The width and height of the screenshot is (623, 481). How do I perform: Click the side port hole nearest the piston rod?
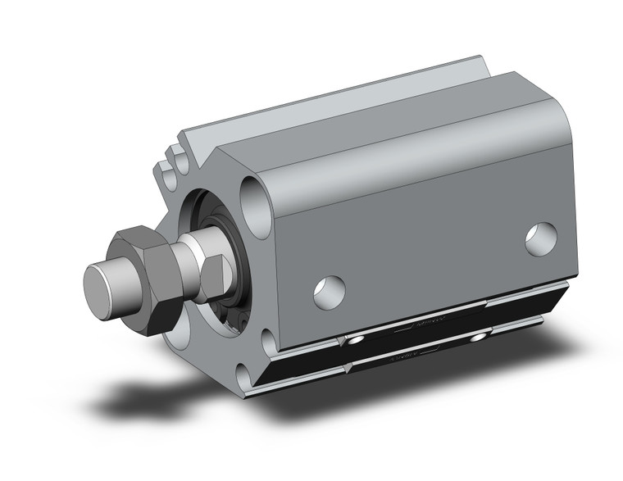pos(329,293)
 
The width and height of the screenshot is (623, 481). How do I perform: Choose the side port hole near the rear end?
pos(541,238)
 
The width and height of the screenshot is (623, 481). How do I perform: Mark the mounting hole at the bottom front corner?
pos(247,378)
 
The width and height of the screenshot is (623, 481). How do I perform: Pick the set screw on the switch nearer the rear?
pos(479,338)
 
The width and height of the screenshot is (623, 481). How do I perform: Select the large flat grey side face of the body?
pos(426,246)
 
